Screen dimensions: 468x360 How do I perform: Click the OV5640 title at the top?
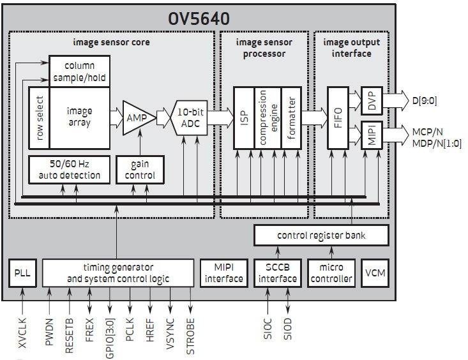pyautogui.click(x=199, y=19)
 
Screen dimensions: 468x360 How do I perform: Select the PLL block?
pyautogui.click(x=22, y=273)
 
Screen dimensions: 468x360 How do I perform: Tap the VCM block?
pyautogui.click(x=375, y=273)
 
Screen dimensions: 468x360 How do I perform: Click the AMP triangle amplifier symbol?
pyautogui.click(x=139, y=118)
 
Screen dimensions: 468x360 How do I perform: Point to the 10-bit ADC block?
pyautogui.click(x=189, y=118)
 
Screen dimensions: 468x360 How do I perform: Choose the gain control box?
pyautogui.click(x=140, y=170)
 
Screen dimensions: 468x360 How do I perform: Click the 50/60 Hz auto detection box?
pyautogui.click(x=69, y=170)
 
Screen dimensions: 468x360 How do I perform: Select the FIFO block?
pyautogui.click(x=338, y=118)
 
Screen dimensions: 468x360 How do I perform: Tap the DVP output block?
pyautogui.click(x=372, y=101)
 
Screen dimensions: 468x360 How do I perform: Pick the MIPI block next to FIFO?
pyautogui.click(x=372, y=135)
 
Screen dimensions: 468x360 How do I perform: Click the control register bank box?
pyautogui.click(x=321, y=236)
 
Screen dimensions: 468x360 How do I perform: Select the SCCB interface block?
pyautogui.click(x=278, y=273)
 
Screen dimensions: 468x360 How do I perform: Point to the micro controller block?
pyautogui.click(x=331, y=273)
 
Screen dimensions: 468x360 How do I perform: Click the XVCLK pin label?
pyautogui.click(x=22, y=333)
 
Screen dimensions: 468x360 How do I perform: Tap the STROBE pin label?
pyautogui.click(x=190, y=336)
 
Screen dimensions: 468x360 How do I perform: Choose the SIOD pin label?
pyautogui.click(x=287, y=329)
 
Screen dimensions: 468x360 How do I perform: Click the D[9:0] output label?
pyautogui.click(x=425, y=101)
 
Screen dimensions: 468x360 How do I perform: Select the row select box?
pyautogui.click(x=39, y=118)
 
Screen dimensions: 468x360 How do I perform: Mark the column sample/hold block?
pyautogui.click(x=79, y=71)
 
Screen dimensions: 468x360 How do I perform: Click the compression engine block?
pyautogui.click(x=268, y=118)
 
